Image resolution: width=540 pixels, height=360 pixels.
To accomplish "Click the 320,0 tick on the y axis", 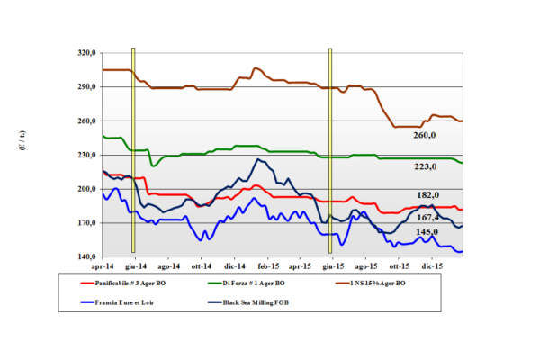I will (x=87, y=53).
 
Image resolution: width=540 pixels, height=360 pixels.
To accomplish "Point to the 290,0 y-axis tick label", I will (x=87, y=87).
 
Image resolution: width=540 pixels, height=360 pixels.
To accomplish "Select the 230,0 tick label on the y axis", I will (x=87, y=155).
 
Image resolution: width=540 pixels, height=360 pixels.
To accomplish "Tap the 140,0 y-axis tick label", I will (x=87, y=256).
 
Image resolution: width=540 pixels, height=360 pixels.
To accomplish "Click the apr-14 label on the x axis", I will (x=103, y=267).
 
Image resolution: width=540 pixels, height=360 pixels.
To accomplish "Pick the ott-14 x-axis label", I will (x=201, y=267).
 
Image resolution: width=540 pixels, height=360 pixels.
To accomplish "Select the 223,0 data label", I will (x=426, y=166).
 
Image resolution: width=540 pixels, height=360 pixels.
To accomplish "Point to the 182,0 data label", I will (x=428, y=195).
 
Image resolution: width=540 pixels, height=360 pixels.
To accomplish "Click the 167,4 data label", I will (x=427, y=217).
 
